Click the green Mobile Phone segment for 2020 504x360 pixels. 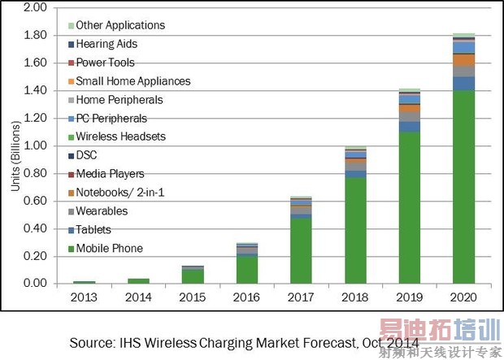point(463,187)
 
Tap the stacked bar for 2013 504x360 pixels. point(84,281)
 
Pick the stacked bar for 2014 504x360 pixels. point(138,280)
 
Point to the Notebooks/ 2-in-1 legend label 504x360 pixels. point(119,193)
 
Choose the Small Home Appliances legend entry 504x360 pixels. point(133,81)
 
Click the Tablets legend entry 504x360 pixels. point(94,230)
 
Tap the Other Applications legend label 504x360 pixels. point(119,25)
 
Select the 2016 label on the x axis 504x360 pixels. point(246,296)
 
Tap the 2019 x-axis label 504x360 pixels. point(409,296)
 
